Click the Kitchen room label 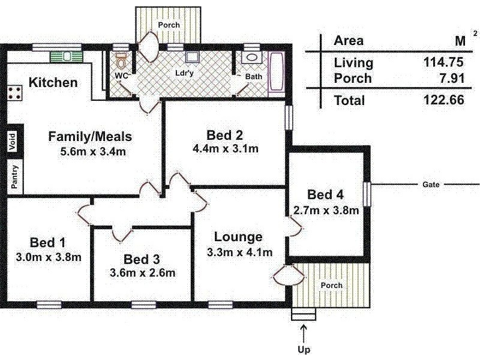[53, 83]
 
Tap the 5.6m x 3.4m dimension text [93, 151]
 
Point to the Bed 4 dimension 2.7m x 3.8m [326, 210]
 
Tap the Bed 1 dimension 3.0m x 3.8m [48, 257]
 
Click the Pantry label [14, 177]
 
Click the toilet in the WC [122, 62]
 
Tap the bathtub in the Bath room [277, 73]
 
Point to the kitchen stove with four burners [15, 93]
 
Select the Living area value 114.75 [443, 62]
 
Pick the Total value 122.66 [443, 100]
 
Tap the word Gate [431, 185]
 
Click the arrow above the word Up [304, 332]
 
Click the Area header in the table [349, 41]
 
